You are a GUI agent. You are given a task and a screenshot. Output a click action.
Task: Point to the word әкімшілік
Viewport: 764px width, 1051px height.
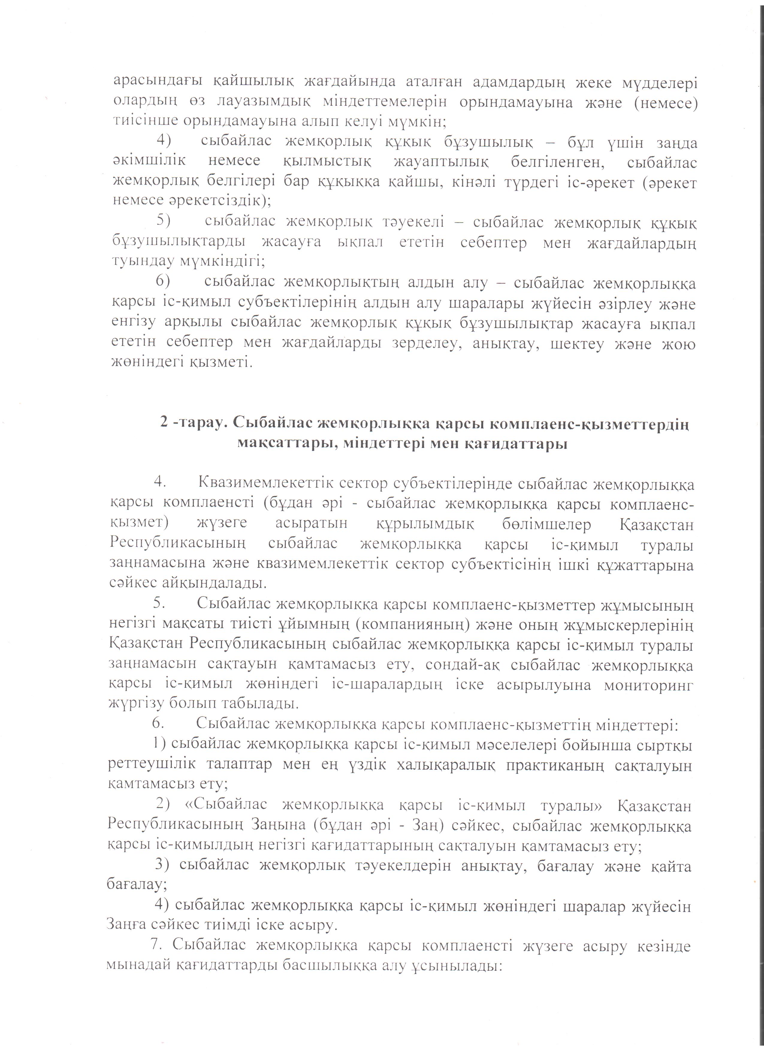click(149, 162)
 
